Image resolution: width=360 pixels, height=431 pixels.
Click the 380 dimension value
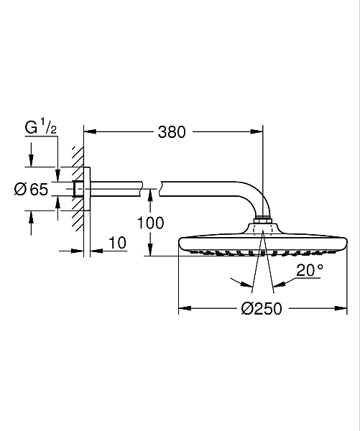[172, 132]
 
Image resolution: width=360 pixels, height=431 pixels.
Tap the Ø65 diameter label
[31, 189]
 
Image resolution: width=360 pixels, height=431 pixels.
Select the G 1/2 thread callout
[41, 126]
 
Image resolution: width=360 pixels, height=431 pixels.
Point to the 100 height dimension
[150, 223]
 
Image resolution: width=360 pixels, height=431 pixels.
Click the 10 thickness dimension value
[117, 243]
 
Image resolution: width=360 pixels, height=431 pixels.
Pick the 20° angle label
[310, 270]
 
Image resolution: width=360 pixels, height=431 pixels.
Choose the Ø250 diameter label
[262, 308]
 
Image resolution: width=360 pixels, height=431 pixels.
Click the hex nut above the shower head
[263, 221]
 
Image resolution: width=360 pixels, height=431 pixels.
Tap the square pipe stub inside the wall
[78, 189]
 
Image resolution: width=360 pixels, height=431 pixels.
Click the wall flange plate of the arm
[87, 189]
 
